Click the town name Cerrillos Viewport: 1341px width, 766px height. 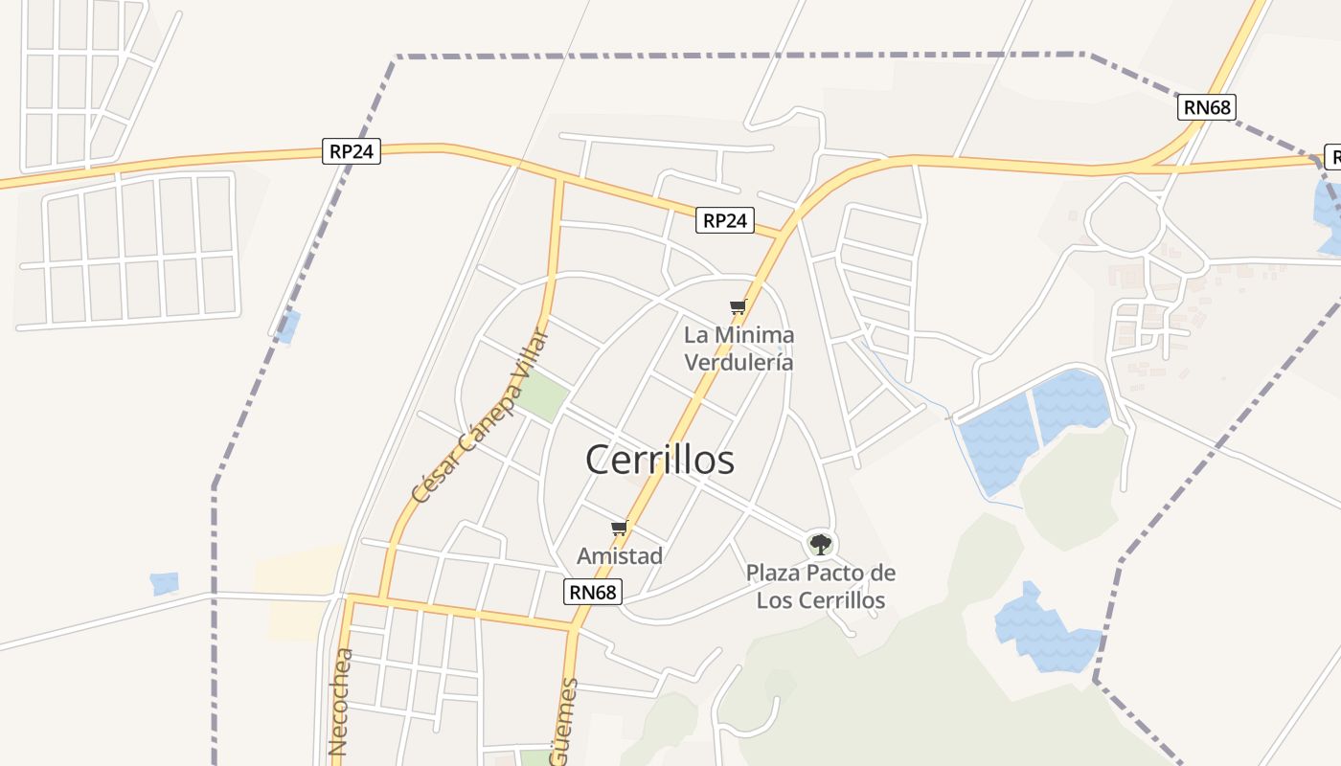(660, 461)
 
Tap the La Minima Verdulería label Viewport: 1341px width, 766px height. (739, 349)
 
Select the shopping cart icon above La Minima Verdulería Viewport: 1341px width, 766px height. (738, 307)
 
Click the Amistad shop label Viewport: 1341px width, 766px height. (620, 555)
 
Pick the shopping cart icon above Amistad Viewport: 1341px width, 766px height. (620, 528)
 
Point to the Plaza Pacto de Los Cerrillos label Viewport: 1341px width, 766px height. (821, 587)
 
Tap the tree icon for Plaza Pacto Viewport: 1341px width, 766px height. (820, 545)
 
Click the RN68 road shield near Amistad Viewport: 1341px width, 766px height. (594, 592)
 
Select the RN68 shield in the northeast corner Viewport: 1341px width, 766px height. (1206, 106)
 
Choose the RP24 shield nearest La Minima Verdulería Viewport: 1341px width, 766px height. (724, 221)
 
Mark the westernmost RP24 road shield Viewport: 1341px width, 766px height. (352, 151)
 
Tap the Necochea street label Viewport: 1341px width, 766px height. (340, 703)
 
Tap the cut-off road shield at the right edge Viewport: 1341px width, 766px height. (1332, 157)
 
